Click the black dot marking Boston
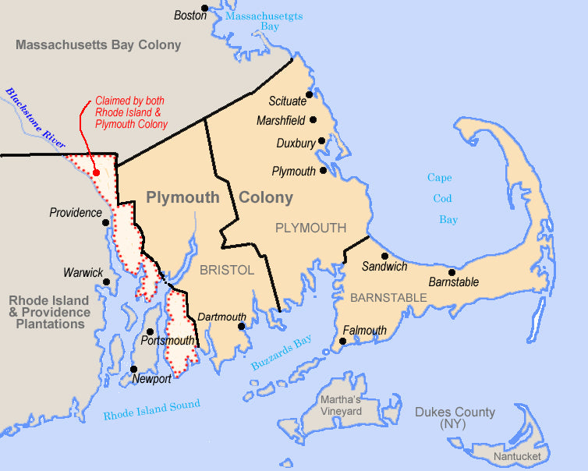(x=204, y=9)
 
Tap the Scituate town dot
(x=310, y=94)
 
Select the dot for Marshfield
(x=313, y=120)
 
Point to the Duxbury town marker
(x=321, y=141)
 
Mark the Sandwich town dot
(x=384, y=256)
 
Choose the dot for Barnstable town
(x=452, y=272)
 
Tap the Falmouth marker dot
(x=342, y=341)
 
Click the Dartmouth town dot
(x=242, y=327)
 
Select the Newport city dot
(x=134, y=370)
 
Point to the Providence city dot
(x=106, y=221)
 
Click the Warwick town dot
(x=108, y=273)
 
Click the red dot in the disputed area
(x=95, y=173)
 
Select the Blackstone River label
(x=34, y=117)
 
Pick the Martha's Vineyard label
(x=340, y=405)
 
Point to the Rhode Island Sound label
(x=151, y=409)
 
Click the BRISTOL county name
(x=227, y=270)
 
